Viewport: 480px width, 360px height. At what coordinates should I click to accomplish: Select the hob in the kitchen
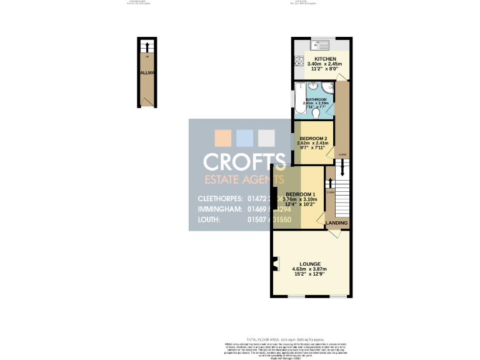click(x=299, y=62)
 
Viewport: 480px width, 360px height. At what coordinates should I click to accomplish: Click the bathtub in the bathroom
click(x=300, y=100)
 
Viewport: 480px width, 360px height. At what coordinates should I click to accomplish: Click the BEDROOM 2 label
click(x=313, y=138)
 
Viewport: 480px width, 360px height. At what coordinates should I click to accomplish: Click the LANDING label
click(x=337, y=223)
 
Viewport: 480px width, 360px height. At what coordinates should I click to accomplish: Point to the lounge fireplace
click(x=274, y=266)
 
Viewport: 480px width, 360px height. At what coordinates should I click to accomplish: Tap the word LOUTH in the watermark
click(x=209, y=219)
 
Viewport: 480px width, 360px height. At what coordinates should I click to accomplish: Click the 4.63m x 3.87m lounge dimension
click(x=309, y=269)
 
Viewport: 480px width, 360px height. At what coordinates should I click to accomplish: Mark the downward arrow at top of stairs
click(x=342, y=168)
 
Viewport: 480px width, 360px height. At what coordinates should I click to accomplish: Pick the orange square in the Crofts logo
click(x=222, y=137)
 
